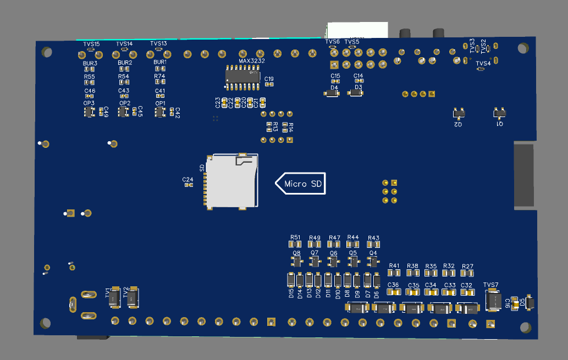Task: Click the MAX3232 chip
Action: pyautogui.click(x=242, y=76)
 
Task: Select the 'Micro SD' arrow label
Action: pyautogui.click(x=300, y=183)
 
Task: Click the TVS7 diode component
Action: pyautogui.click(x=492, y=300)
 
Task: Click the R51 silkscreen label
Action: pyautogui.click(x=296, y=237)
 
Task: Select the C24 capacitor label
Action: pyautogui.click(x=188, y=180)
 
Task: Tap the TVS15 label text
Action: pyautogui.click(x=91, y=43)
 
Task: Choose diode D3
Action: pyautogui.click(x=356, y=95)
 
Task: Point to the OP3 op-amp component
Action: pyautogui.click(x=89, y=112)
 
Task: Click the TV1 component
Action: pyautogui.click(x=114, y=298)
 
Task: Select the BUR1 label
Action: pyautogui.click(x=159, y=63)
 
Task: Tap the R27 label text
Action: pyautogui.click(x=467, y=266)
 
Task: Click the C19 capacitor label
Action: pyautogui.click(x=269, y=79)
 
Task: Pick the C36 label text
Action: pyautogui.click(x=393, y=285)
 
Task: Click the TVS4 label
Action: pyautogui.click(x=483, y=64)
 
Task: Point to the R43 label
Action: pyautogui.click(x=373, y=237)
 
